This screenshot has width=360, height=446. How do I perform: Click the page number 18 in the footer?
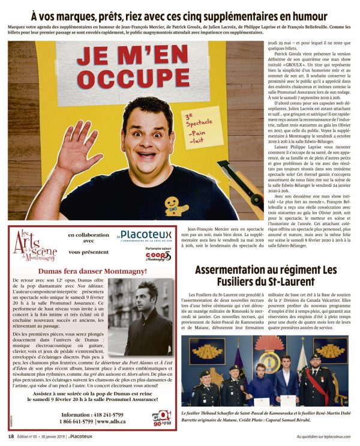coord(11,436)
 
